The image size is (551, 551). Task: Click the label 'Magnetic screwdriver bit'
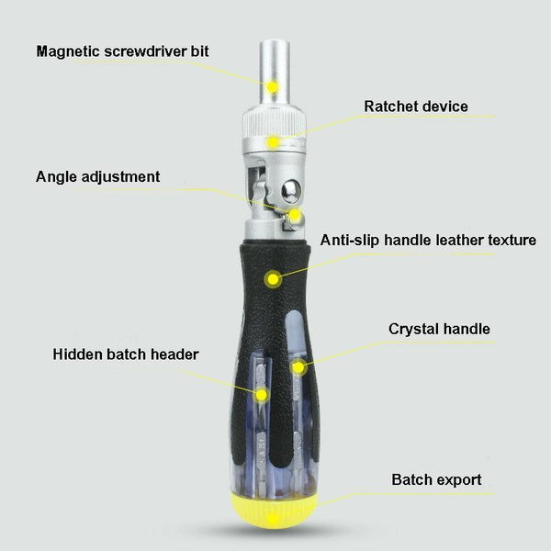(x=122, y=51)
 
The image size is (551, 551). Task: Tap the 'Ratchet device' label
(x=416, y=107)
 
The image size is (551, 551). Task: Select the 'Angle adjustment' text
(x=97, y=176)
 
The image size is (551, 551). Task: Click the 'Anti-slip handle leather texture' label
(x=428, y=241)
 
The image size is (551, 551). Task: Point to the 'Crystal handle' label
(x=439, y=330)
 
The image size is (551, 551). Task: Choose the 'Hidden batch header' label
(x=126, y=354)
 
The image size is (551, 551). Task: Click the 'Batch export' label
(x=436, y=480)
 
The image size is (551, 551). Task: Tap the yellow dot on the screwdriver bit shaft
(x=273, y=87)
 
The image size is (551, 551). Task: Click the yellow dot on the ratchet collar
(x=273, y=142)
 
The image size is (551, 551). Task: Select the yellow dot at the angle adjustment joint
(x=295, y=215)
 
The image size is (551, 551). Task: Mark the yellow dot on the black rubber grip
(x=273, y=279)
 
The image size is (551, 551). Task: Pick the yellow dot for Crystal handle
(x=298, y=367)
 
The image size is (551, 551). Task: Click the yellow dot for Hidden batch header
(x=262, y=395)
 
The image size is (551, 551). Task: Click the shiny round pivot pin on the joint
(x=291, y=192)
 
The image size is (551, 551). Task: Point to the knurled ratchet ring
(x=274, y=120)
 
